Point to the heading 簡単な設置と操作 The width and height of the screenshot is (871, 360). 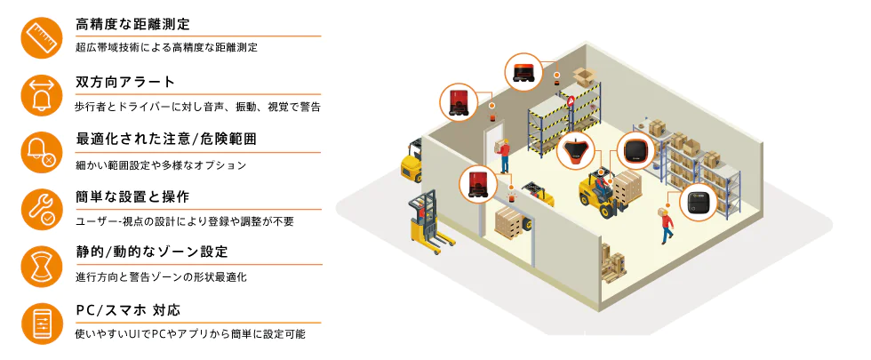coord(132,196)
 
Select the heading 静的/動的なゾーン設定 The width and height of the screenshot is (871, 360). coord(151,252)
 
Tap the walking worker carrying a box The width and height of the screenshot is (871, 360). coord(664,224)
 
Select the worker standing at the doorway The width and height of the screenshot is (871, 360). coord(504,156)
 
